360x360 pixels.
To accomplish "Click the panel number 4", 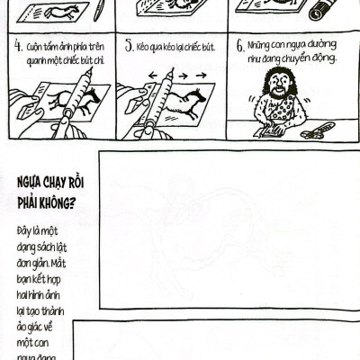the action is [x=18, y=46].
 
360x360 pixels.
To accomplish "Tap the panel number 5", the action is [x=130, y=46].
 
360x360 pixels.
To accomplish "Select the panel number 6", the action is [x=241, y=47].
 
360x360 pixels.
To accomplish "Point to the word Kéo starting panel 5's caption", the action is [x=141, y=47].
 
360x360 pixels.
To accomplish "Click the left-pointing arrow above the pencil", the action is [x=153, y=76].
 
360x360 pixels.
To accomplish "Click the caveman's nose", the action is [x=278, y=83].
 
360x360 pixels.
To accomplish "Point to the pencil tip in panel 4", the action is [x=90, y=70].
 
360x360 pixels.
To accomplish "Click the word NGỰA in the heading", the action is [x=30, y=183].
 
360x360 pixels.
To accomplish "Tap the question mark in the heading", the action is [x=71, y=203].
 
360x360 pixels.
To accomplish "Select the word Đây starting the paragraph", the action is [x=24, y=232].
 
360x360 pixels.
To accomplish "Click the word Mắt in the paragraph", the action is [x=58, y=264].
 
